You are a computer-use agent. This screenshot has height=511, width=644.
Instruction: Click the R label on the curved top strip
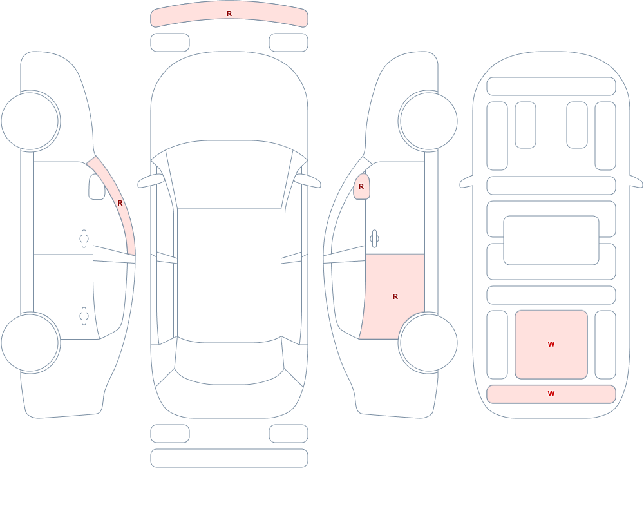229,14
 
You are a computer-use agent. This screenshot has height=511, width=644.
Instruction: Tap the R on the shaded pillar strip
120,203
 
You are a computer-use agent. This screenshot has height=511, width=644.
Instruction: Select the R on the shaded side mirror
361,186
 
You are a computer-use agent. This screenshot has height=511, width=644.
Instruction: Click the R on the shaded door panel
395,296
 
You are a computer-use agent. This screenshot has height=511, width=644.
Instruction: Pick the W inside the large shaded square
551,344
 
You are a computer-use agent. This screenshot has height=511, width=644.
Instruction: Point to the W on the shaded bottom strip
551,394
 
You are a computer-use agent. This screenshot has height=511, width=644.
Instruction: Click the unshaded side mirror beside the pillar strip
97,187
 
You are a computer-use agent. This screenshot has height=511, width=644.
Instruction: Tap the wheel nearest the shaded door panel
428,342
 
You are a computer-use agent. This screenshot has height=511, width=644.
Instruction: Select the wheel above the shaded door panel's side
428,121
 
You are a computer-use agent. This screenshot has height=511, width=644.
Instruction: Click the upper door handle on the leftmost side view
84,239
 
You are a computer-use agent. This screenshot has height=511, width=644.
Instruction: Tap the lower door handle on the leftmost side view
84,316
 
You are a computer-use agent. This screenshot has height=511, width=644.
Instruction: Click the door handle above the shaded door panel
374,239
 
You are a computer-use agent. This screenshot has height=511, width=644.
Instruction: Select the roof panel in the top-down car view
229,275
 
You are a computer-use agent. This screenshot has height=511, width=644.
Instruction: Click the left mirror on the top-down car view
151,180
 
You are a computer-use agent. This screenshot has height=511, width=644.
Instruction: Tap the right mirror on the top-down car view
308,180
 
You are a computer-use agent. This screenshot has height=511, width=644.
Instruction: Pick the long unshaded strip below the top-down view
229,458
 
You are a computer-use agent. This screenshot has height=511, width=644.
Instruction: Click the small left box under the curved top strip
170,43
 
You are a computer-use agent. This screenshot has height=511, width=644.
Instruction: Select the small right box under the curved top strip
289,43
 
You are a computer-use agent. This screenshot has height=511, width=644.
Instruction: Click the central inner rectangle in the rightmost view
551,240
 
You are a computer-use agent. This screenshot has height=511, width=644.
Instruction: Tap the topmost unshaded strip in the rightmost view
551,86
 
